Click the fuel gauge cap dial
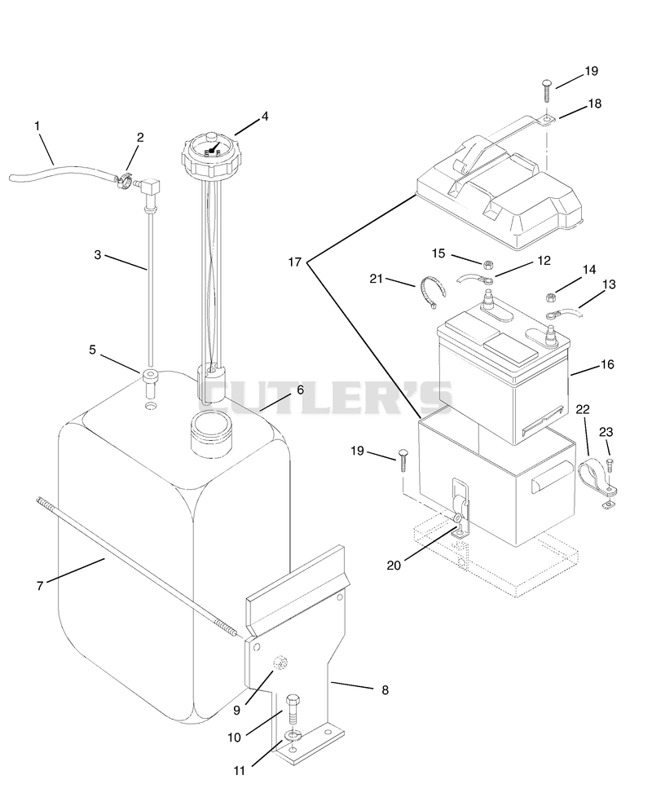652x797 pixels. point(208,152)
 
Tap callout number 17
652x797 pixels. point(295,262)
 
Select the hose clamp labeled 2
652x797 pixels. point(124,181)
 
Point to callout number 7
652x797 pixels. point(40,586)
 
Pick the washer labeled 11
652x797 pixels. point(293,735)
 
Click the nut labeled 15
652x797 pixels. point(487,264)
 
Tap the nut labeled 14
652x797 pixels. point(550,296)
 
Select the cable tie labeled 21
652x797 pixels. point(431,292)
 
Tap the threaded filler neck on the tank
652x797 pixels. point(210,432)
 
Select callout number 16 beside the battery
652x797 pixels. point(607,364)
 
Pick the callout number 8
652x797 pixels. point(385,689)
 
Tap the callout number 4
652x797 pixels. point(265,117)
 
